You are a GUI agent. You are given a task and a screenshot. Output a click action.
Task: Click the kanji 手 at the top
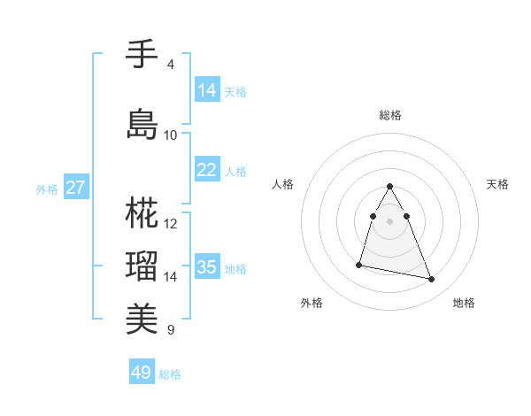[142, 55]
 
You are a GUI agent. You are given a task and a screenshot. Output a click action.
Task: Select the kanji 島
[142, 124]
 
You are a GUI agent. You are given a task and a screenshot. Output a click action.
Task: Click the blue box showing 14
[207, 90]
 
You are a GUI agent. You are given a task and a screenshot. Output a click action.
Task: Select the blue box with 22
[207, 170]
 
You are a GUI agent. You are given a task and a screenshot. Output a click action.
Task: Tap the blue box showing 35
[207, 267]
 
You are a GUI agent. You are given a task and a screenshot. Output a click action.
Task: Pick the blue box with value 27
[76, 188]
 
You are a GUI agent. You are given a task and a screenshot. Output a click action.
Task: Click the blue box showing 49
[142, 373]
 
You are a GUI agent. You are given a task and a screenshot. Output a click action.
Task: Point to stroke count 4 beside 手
[171, 65]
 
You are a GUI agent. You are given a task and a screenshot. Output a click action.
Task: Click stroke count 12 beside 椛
[171, 223]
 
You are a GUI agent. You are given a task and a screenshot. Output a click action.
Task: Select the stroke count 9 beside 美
[171, 330]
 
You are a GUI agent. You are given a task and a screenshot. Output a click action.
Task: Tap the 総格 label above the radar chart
[389, 115]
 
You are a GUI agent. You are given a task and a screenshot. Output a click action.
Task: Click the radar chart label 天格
[497, 184]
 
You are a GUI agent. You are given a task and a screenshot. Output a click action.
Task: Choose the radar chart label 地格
[464, 303]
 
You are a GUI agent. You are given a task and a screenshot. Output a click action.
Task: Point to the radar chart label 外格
[312, 303]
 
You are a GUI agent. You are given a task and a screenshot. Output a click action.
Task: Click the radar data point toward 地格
[432, 280]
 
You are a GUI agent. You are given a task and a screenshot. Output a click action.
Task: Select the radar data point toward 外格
[359, 264]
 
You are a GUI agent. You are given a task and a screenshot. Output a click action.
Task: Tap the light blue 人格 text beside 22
[235, 171]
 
